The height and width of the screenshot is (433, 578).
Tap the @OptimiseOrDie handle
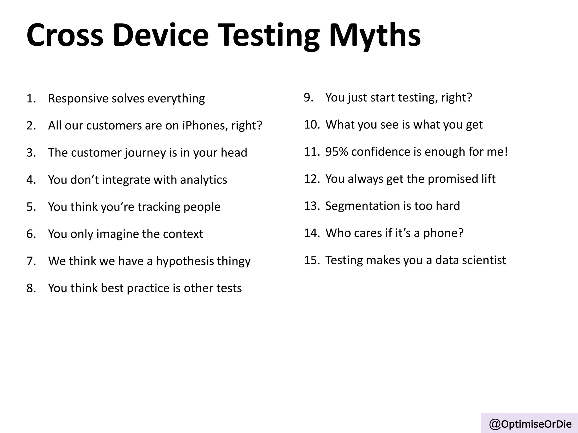click(530, 424)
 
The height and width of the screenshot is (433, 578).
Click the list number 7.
click(31, 261)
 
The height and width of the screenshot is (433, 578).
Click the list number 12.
click(311, 179)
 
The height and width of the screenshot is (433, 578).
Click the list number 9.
click(308, 98)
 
